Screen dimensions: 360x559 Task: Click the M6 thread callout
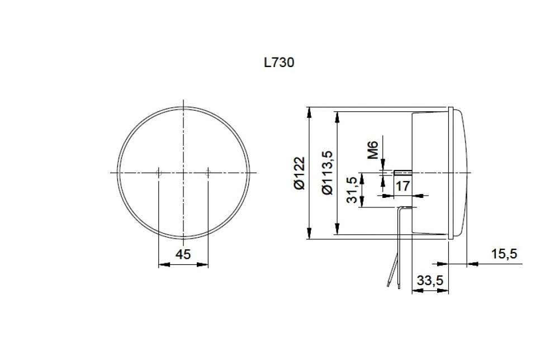pos(373,150)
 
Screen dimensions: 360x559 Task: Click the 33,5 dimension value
pos(430,281)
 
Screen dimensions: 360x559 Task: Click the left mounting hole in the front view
pos(159,173)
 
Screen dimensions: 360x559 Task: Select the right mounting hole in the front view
pos(208,173)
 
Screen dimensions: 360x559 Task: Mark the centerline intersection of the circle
pos(183,173)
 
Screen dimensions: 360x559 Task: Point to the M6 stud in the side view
pos(402,172)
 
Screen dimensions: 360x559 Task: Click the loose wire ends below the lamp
pos(390,286)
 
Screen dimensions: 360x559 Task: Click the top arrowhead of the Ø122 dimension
pos(309,111)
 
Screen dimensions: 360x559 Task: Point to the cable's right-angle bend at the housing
pos(400,208)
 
